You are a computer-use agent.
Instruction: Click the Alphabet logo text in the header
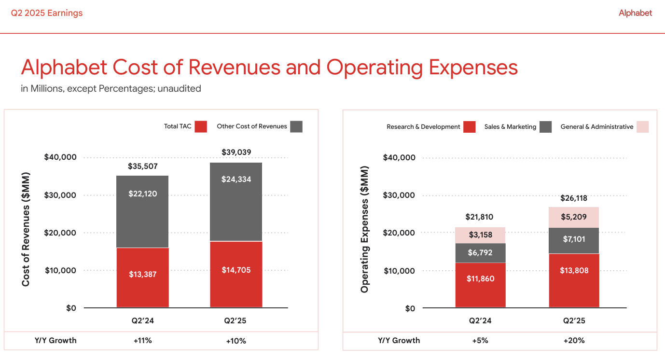[x=635, y=13]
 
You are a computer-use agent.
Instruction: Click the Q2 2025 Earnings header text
[x=47, y=13]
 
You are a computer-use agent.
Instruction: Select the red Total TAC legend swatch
[x=201, y=126]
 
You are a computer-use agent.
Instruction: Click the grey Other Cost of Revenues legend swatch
[x=296, y=126]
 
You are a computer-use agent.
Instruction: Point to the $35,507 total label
[x=142, y=166]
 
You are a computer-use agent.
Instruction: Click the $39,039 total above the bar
[x=236, y=152]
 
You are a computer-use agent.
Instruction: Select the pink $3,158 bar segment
[x=480, y=235]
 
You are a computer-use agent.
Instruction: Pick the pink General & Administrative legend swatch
[x=642, y=127]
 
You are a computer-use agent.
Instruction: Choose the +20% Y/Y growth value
[x=574, y=340]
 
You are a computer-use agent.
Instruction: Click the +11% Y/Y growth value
[x=142, y=340]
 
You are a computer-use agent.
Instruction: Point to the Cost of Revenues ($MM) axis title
[x=26, y=229]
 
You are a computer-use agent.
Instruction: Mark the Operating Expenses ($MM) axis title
[x=365, y=229]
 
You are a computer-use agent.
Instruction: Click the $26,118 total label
[x=574, y=198]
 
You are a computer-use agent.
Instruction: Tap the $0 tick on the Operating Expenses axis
[x=410, y=308]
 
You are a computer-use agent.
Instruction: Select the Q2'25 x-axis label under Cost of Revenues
[x=236, y=320]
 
